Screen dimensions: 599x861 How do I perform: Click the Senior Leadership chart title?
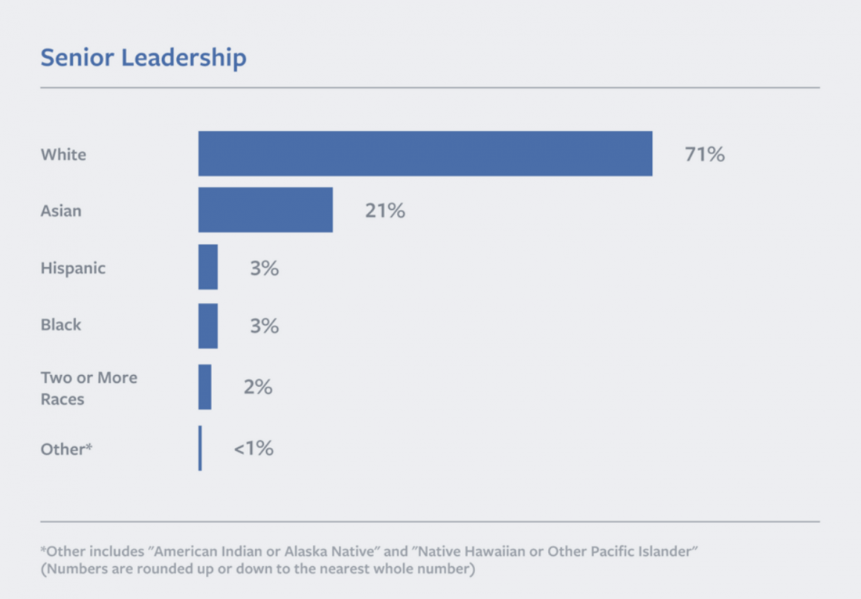pos(143,58)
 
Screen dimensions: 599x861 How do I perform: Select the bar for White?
pos(425,153)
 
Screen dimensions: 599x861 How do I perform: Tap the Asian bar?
pos(265,210)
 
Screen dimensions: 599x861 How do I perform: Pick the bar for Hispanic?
pos(208,268)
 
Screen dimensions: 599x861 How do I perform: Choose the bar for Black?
pos(208,325)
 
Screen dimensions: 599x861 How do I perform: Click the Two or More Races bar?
pos(205,387)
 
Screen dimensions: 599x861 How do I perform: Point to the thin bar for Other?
pos(200,448)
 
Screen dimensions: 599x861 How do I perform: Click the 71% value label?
pos(704,154)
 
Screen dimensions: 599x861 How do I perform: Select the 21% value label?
pos(385,211)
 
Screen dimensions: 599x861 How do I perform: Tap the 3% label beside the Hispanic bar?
pos(265,268)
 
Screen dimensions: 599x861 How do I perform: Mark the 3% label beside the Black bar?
pos(265,325)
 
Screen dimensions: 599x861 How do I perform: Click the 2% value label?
pos(258,387)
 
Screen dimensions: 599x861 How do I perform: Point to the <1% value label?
pos(254,449)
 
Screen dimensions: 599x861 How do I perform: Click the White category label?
pos(63,154)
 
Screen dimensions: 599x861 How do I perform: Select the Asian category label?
pos(61,211)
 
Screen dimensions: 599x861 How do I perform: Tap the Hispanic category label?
pos(73,268)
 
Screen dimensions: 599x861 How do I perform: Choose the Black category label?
pos(61,325)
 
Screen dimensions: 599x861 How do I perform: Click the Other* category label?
pos(67,449)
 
